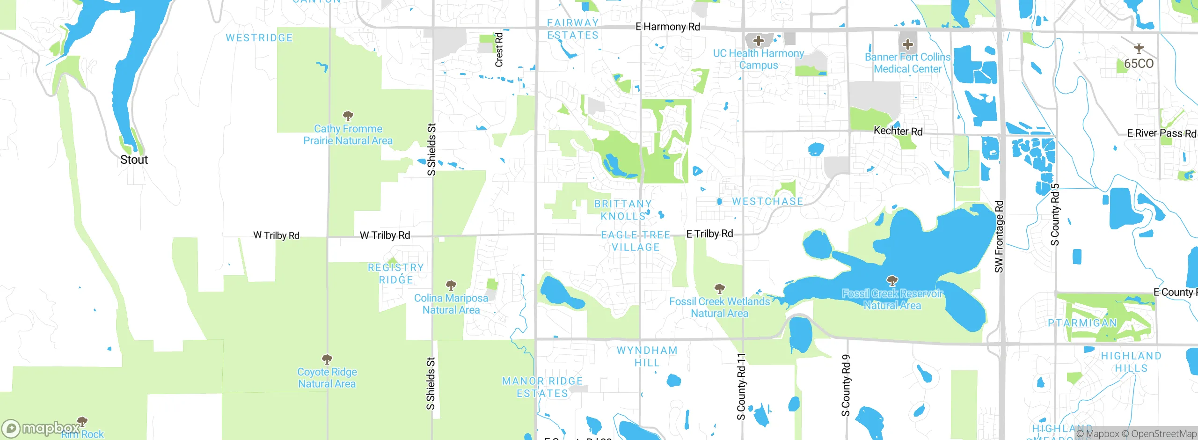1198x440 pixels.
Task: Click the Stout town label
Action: click(134, 160)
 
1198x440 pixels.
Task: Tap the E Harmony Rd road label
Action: click(667, 27)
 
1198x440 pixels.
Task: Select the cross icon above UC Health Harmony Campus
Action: click(759, 41)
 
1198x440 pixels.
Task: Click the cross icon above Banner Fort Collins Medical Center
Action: click(907, 44)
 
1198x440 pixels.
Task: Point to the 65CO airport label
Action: click(1139, 63)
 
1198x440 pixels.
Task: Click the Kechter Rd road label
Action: click(898, 131)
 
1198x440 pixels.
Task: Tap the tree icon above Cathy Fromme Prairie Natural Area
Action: click(348, 116)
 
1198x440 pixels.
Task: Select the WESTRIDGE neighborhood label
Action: click(259, 38)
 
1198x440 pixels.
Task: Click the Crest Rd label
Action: click(499, 50)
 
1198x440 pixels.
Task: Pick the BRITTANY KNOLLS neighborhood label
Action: click(623, 210)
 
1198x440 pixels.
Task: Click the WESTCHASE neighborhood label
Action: click(767, 201)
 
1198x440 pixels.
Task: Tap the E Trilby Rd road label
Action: click(709, 234)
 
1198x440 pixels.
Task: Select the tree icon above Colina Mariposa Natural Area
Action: click(451, 285)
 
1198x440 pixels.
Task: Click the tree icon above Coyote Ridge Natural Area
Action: click(327, 359)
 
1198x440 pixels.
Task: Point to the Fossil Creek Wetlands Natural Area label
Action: click(719, 308)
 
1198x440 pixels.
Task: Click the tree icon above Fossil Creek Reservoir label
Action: click(892, 280)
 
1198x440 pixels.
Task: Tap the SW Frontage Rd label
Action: click(999, 237)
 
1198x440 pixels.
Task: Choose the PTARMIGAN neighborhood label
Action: click(1082, 323)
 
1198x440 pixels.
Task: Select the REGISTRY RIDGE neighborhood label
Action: click(396, 273)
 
